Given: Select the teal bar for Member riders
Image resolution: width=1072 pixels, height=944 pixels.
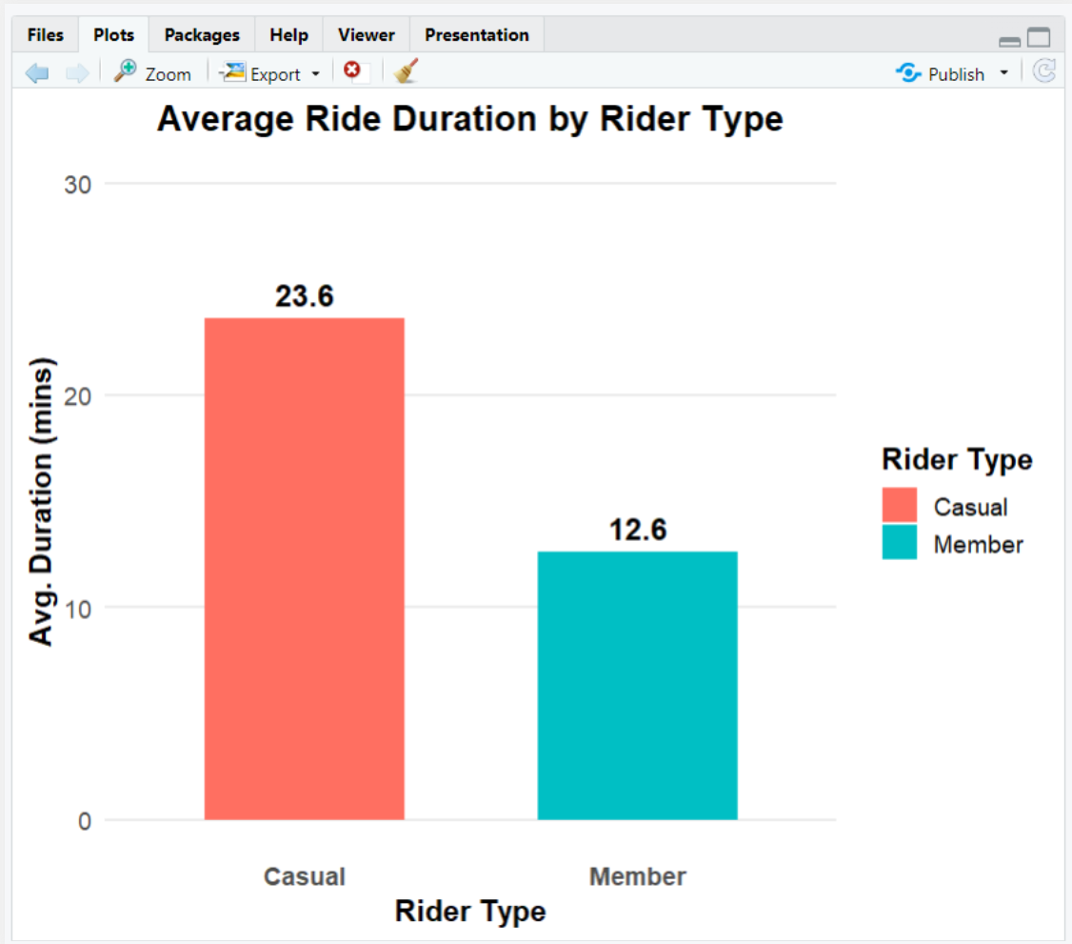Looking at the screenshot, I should (637, 685).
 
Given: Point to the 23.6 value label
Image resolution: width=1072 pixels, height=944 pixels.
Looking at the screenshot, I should (305, 296).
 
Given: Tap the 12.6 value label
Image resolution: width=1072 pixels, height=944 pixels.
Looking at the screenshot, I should (638, 530).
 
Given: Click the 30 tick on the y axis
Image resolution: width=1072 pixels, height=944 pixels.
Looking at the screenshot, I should (78, 184).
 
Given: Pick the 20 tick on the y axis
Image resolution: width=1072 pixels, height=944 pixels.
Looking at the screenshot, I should (78, 395).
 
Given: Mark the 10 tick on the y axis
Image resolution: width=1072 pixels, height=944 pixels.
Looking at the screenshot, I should (78, 608).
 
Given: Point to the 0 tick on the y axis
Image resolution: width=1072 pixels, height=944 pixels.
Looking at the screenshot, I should (85, 821).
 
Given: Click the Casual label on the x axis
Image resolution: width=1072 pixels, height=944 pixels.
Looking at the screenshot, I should (305, 876).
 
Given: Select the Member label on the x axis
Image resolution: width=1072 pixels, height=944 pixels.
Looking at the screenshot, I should (638, 876).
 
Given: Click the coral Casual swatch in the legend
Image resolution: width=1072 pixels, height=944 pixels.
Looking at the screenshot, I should (899, 505).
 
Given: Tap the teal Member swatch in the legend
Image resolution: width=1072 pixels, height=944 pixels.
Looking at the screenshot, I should (899, 542).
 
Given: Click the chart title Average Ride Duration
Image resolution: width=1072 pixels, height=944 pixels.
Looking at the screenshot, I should (470, 120).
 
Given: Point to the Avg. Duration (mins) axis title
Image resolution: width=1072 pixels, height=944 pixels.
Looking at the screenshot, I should (42, 502).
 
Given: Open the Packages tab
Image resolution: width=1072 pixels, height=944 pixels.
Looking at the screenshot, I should (202, 35).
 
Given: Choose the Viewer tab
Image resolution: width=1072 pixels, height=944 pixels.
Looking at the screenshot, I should (366, 35).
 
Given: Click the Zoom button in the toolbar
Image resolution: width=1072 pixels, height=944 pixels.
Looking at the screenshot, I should (152, 73).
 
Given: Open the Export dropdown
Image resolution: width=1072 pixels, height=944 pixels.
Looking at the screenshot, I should (271, 73).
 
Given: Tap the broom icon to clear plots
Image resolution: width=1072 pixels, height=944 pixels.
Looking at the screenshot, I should (407, 71).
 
